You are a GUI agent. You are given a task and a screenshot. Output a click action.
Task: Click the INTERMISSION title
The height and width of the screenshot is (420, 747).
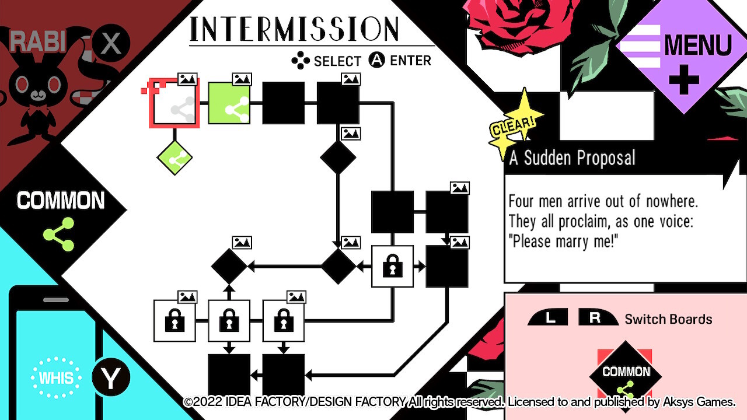click(295, 29)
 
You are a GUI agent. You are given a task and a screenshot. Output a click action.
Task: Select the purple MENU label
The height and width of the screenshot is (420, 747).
click(697, 45)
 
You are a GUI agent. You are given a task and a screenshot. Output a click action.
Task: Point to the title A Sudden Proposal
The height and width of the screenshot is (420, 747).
click(572, 158)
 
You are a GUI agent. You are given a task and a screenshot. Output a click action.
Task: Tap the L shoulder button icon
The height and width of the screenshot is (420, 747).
click(549, 318)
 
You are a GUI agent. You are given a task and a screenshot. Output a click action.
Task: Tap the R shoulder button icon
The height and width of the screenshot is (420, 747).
click(596, 318)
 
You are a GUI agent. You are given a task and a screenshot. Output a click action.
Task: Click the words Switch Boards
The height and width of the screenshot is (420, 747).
click(668, 319)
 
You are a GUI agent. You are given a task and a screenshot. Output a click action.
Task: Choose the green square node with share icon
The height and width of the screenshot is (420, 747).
click(229, 103)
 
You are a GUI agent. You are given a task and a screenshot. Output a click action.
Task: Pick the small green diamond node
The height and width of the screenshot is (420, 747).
click(174, 157)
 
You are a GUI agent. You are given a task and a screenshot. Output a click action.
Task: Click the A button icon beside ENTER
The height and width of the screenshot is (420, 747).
click(377, 60)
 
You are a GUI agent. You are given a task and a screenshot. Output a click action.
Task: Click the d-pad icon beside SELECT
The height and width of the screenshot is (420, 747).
click(301, 61)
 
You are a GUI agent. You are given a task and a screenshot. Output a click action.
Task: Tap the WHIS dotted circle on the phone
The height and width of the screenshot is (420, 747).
click(57, 377)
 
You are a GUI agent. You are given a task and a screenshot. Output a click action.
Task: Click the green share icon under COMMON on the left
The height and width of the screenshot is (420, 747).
click(59, 234)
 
